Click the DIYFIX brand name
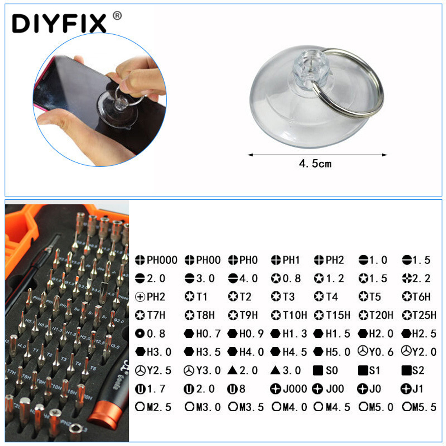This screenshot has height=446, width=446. pos(59,23)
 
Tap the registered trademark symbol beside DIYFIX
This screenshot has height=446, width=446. pos(117,16)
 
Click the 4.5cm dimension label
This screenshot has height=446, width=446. pos(315,164)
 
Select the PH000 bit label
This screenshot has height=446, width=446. pos(162,260)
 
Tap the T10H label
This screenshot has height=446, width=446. pos(295,315)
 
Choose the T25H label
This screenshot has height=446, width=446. pos(424,315)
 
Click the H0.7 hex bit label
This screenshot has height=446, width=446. pos(208,334)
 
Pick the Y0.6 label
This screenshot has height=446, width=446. pos(381,352)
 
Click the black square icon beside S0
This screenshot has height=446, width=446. pos(318,370)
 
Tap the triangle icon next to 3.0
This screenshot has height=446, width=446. pos(276,370)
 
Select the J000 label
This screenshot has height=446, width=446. pos(295,389)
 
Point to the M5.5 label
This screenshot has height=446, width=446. pos(424,407)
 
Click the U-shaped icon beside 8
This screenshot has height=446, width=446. pos(232,389)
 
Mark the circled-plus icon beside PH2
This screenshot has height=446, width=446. pos(140,297)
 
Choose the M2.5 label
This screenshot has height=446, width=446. pos(159,407)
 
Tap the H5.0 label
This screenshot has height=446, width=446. pos(338,352)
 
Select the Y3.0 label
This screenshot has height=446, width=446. pos(208,370)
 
